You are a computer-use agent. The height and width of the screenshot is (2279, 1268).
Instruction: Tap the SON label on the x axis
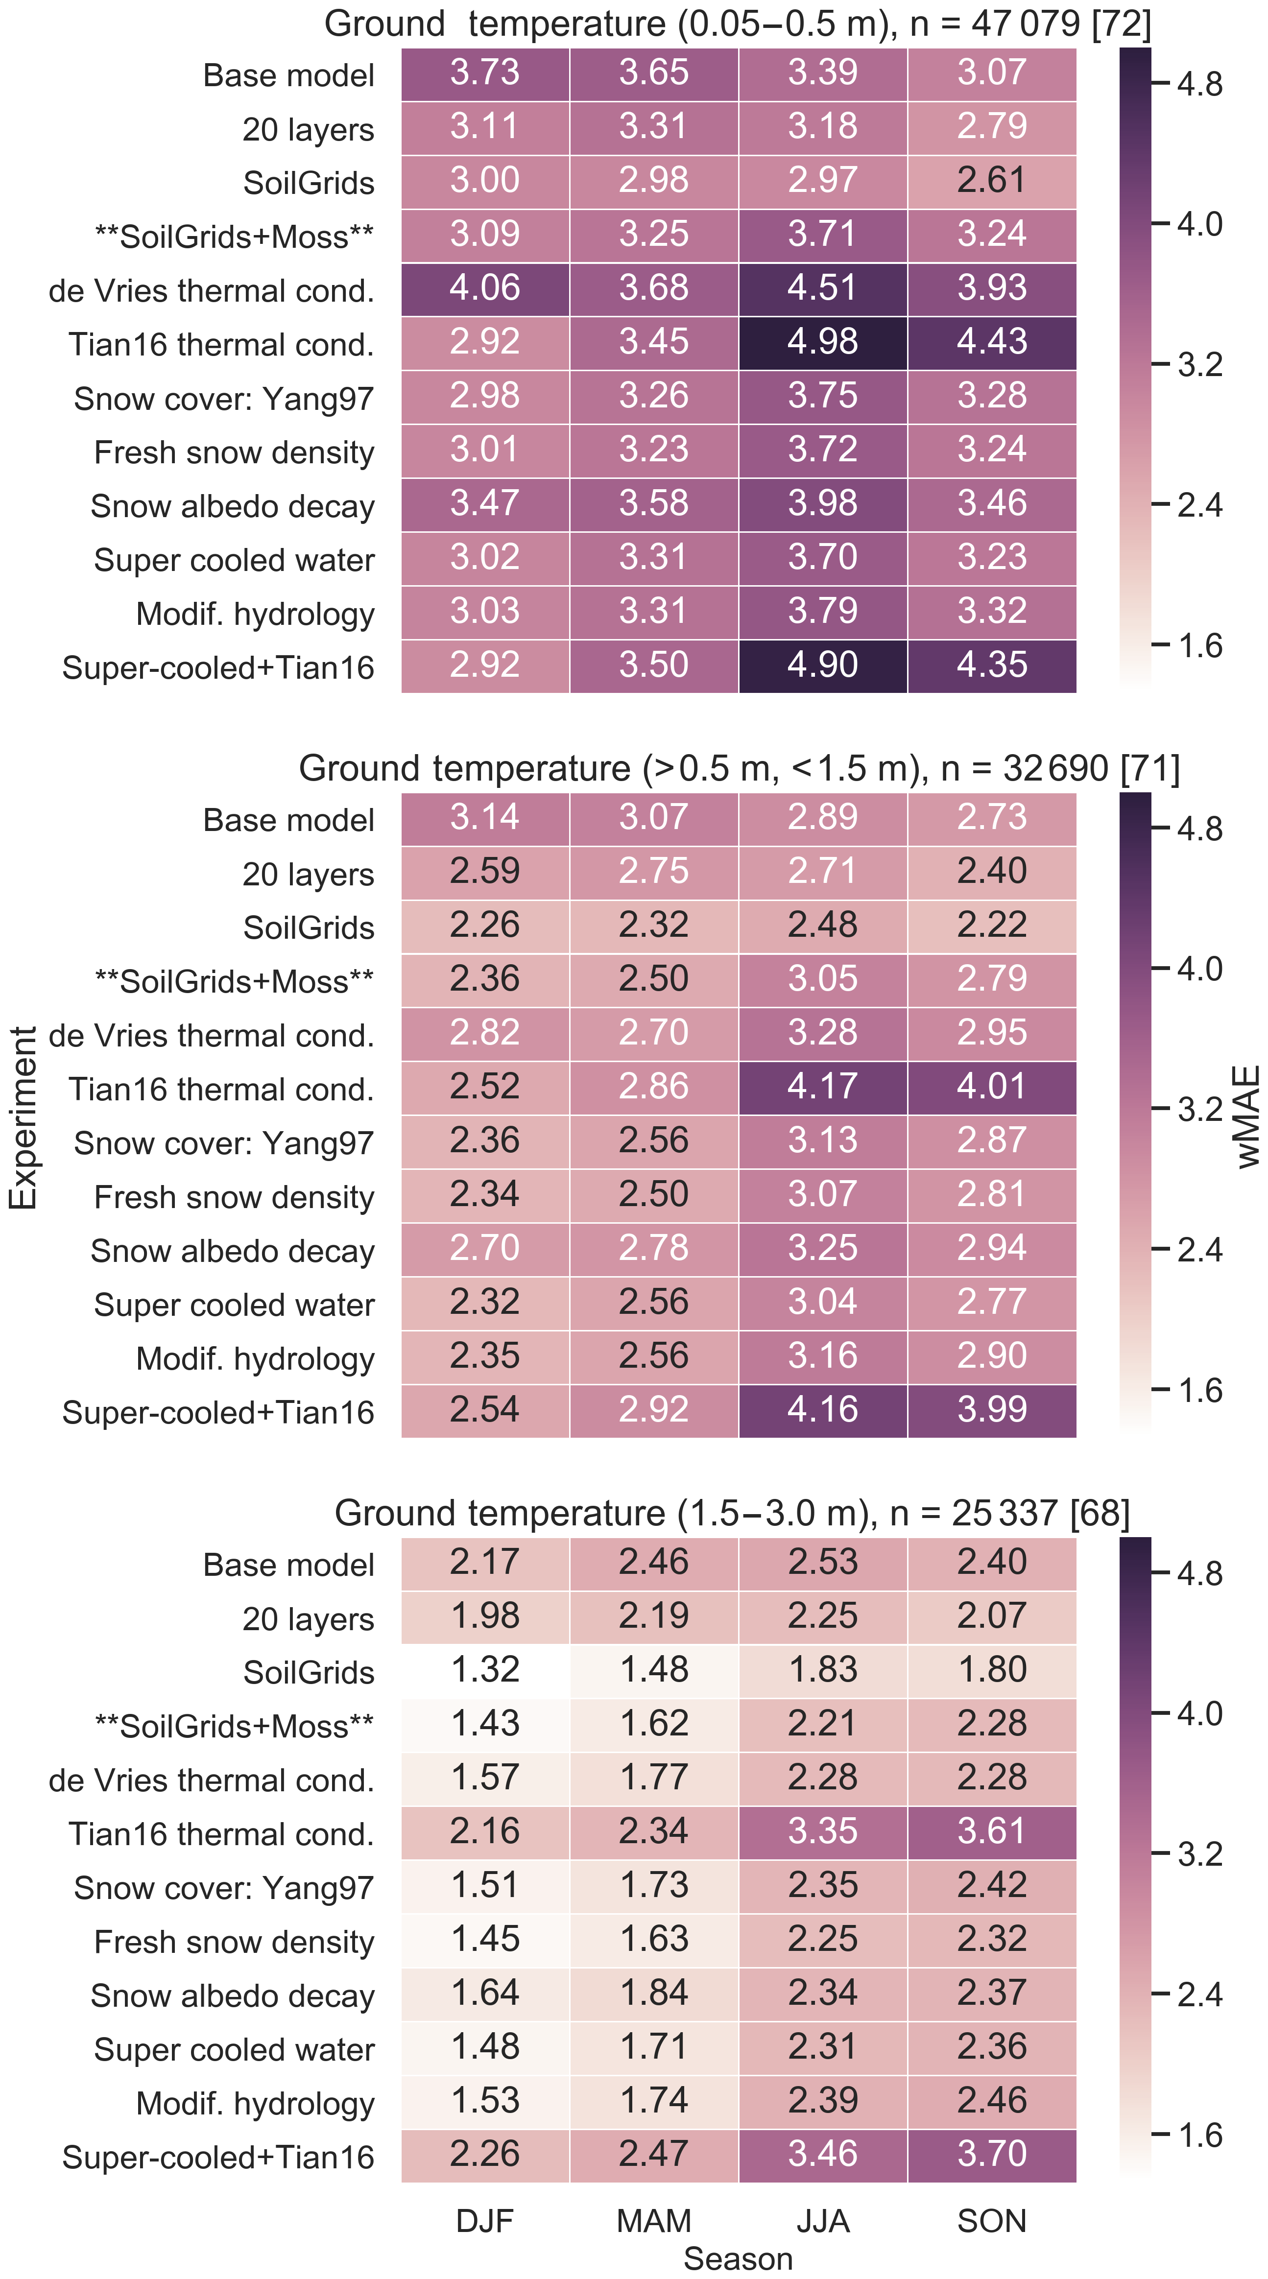[x=991, y=2221]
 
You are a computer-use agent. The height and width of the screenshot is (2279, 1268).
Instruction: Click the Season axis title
[x=738, y=2258]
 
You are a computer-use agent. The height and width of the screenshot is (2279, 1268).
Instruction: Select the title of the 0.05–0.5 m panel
[x=738, y=24]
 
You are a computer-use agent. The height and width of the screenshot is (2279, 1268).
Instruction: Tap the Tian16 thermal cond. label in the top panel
[x=221, y=344]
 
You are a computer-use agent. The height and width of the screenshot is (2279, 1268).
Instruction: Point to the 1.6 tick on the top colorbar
[x=1199, y=646]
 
